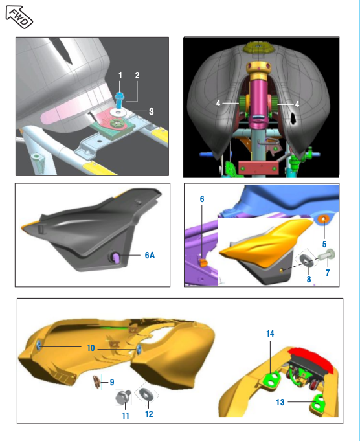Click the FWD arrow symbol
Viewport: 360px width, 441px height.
[x=19, y=17]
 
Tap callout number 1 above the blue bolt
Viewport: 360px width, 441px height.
[x=120, y=75]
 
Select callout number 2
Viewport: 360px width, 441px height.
[x=137, y=75]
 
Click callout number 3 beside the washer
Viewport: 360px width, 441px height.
[x=152, y=111]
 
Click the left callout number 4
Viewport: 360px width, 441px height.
[x=218, y=103]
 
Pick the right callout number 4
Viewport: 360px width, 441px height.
[x=297, y=104]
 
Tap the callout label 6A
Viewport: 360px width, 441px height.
[x=150, y=255]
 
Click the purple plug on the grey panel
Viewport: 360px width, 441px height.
[x=116, y=257]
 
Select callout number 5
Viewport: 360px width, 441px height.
[x=324, y=244]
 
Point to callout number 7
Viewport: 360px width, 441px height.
[x=328, y=273]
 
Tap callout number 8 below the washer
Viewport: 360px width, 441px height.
[x=309, y=279]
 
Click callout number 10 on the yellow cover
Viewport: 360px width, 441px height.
[x=91, y=348]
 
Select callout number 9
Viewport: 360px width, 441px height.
[x=112, y=382]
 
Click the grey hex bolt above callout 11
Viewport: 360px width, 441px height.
[x=123, y=397]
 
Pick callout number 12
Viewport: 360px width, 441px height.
[x=149, y=414]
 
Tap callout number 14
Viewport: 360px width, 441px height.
[x=270, y=334]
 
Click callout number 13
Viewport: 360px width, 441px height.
[x=280, y=402]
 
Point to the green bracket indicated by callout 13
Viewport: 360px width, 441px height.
[x=318, y=404]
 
